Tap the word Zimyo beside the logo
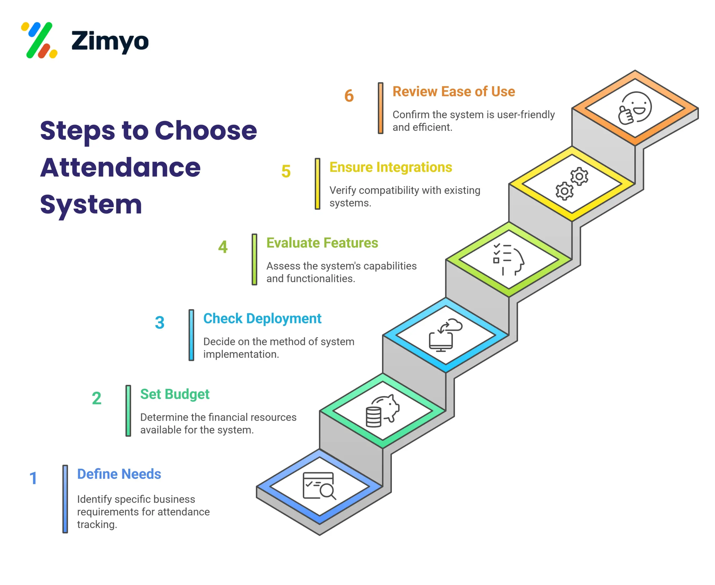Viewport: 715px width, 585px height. pyautogui.click(x=110, y=41)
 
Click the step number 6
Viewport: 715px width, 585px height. pyautogui.click(x=349, y=96)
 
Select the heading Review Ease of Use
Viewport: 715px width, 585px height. pyautogui.click(x=453, y=92)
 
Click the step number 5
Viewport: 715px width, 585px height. pyautogui.click(x=286, y=171)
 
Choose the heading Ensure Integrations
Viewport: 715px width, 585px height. pyautogui.click(x=390, y=167)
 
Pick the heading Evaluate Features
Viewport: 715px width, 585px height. pyautogui.click(x=322, y=243)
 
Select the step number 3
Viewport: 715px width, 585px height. pyautogui.click(x=159, y=322)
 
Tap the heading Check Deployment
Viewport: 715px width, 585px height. pyautogui.click(x=262, y=319)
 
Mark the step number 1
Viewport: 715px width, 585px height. pyautogui.click(x=33, y=478)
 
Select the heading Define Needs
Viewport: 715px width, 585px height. pyautogui.click(x=119, y=474)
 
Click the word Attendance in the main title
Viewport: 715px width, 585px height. pyautogui.click(x=120, y=167)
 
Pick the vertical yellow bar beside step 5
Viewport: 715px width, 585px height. pyautogui.click(x=317, y=184)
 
